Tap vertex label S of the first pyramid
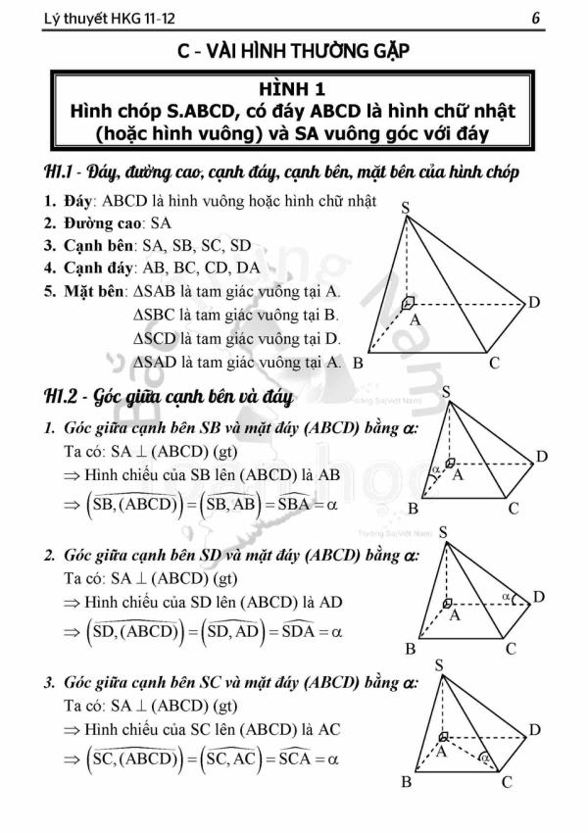(x=406, y=208)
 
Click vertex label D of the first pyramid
(x=534, y=302)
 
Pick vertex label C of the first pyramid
(x=494, y=363)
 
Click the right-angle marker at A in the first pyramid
(x=409, y=303)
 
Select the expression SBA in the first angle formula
(x=292, y=505)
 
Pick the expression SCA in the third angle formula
(x=291, y=759)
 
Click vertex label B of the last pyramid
(x=407, y=781)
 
